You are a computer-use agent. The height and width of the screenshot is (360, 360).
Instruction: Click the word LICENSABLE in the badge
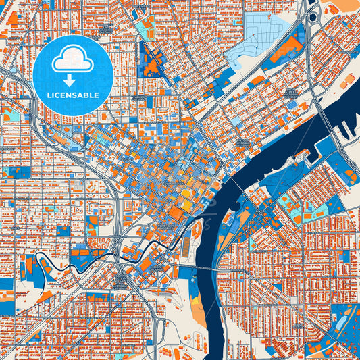click(x=72, y=94)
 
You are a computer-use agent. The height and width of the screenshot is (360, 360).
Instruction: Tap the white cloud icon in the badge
click(x=72, y=61)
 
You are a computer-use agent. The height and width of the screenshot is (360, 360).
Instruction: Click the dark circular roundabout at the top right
click(x=313, y=16)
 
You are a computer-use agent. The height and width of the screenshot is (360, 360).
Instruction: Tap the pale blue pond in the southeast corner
click(x=344, y=318)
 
